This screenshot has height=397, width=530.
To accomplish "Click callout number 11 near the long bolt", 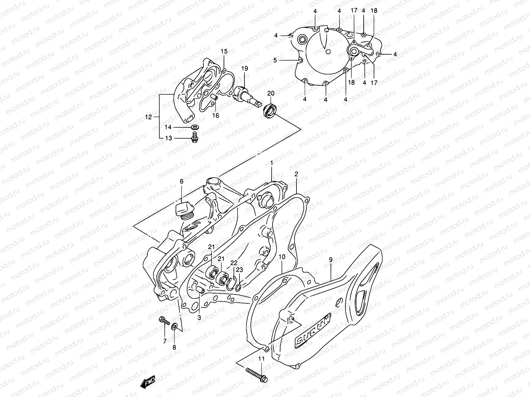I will click(261, 359).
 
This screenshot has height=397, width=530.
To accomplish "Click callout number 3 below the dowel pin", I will click(199, 318).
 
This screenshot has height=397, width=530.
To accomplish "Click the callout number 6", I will click(182, 181).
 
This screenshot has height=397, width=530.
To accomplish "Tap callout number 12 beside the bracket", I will click(148, 117).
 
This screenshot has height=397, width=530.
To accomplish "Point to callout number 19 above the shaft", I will click(244, 68).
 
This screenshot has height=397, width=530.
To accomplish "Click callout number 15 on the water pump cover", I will click(224, 51).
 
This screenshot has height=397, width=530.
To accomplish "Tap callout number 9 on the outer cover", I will click(330, 260).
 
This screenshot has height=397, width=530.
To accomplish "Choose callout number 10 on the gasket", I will click(282, 257).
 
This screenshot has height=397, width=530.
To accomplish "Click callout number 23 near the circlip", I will click(239, 270).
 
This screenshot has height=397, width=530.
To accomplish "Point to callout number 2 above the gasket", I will click(296, 174).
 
